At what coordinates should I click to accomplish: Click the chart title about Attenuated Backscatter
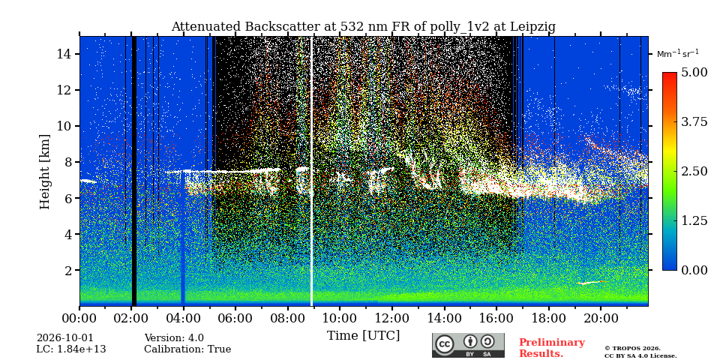pos(363,27)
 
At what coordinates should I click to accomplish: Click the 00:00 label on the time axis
pos(80,318)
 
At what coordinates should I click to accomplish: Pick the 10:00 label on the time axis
pos(340,318)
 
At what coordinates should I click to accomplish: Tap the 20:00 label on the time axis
pos(600,318)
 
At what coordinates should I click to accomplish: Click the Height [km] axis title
pos(44,171)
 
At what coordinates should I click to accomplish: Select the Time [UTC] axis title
pos(363,336)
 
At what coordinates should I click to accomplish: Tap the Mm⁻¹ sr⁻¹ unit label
pos(678,54)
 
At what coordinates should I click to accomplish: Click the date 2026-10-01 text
pos(64,338)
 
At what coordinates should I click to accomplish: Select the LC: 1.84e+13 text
pos(71,349)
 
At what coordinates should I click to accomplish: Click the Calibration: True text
pos(187,349)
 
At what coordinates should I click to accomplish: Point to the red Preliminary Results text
pos(552,348)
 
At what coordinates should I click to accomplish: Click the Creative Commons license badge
pos(468,345)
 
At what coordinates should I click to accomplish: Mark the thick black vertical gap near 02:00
pos(134,171)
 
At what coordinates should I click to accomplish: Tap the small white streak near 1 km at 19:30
pos(592,283)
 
